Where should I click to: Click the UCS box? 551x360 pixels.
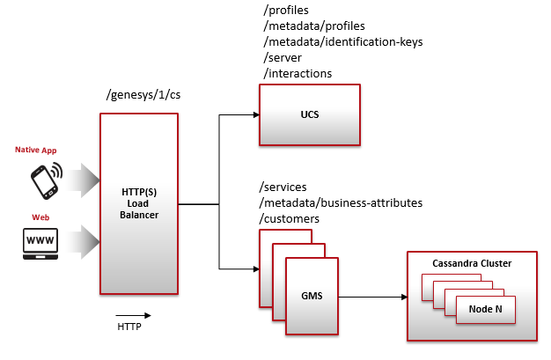[x=310, y=114]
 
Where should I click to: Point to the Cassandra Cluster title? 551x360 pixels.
[x=472, y=263]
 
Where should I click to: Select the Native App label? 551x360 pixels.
[x=36, y=151]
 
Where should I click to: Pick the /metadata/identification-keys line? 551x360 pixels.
[x=336, y=41]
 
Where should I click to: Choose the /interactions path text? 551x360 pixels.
[x=297, y=73]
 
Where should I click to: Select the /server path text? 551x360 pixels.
[x=283, y=57]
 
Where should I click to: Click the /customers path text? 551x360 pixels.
[x=290, y=218]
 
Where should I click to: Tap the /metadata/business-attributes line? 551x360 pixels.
[x=341, y=202]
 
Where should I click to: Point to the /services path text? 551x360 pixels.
[x=284, y=187]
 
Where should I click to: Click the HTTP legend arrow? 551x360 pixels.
[x=133, y=314]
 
